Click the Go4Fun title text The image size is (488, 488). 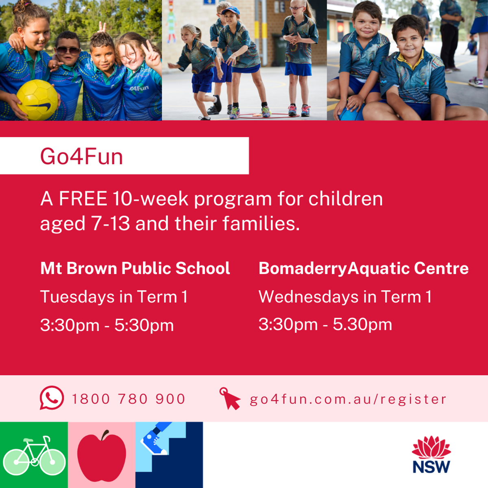tap(82, 157)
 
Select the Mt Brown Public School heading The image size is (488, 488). tap(135, 268)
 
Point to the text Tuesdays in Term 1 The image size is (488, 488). tap(114, 296)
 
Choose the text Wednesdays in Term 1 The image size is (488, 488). tap(345, 296)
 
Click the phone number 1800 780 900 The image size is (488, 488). tap(129, 399)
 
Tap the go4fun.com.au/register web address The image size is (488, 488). tap(348, 399)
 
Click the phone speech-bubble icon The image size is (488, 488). tap(52, 398)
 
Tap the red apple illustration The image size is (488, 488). tap(102, 456)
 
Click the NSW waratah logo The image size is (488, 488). tap(431, 455)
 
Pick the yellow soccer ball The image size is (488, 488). tap(37, 100)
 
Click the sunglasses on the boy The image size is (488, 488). tap(68, 51)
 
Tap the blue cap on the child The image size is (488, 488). tap(231, 11)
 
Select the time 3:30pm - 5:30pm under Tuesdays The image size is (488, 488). tap(107, 325)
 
